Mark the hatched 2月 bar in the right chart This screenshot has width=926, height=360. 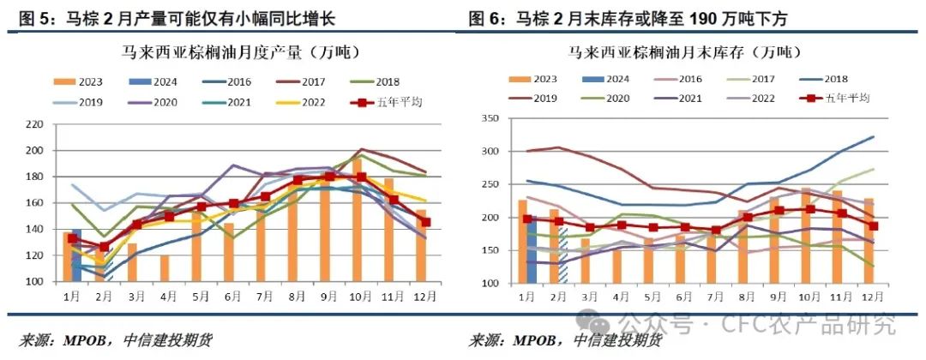click(562, 253)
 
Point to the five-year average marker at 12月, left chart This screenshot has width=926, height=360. click(426, 222)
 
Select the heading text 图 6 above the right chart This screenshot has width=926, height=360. click(485, 17)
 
